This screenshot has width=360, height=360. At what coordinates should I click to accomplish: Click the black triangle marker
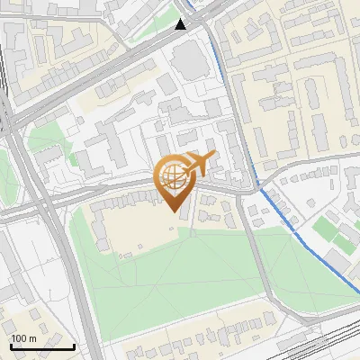pos(181,24)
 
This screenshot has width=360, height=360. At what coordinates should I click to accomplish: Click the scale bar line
pos(42,346)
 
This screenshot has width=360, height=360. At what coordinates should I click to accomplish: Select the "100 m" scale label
pos(23,338)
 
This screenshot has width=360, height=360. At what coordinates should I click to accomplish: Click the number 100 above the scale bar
pos(19,338)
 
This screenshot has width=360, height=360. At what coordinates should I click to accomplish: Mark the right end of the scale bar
pos(74,346)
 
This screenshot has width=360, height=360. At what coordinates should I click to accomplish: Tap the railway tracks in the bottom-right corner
pos(324,342)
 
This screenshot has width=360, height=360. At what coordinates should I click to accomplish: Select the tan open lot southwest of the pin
pos(135,229)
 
